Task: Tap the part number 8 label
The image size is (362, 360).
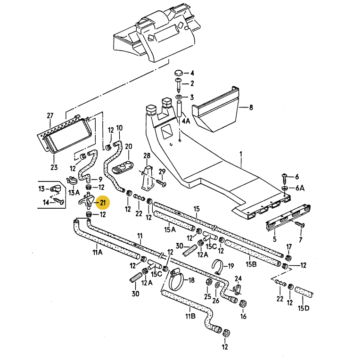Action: coord(251,107)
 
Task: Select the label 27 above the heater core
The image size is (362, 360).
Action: coord(50,115)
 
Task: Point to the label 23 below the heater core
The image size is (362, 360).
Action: coord(54,167)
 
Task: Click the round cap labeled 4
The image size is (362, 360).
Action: coord(178,73)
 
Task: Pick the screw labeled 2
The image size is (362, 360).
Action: coord(179,85)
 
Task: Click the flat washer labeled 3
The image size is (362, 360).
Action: coord(180,97)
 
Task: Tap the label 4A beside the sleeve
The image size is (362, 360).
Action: coord(187,121)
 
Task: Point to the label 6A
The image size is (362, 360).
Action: coord(299,188)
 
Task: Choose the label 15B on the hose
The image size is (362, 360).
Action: coord(251,264)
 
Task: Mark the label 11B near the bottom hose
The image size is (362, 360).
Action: coord(190,316)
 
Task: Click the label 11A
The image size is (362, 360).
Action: coord(98,252)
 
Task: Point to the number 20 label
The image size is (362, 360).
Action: coord(129,146)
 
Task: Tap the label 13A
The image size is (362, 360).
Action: coord(74,192)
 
